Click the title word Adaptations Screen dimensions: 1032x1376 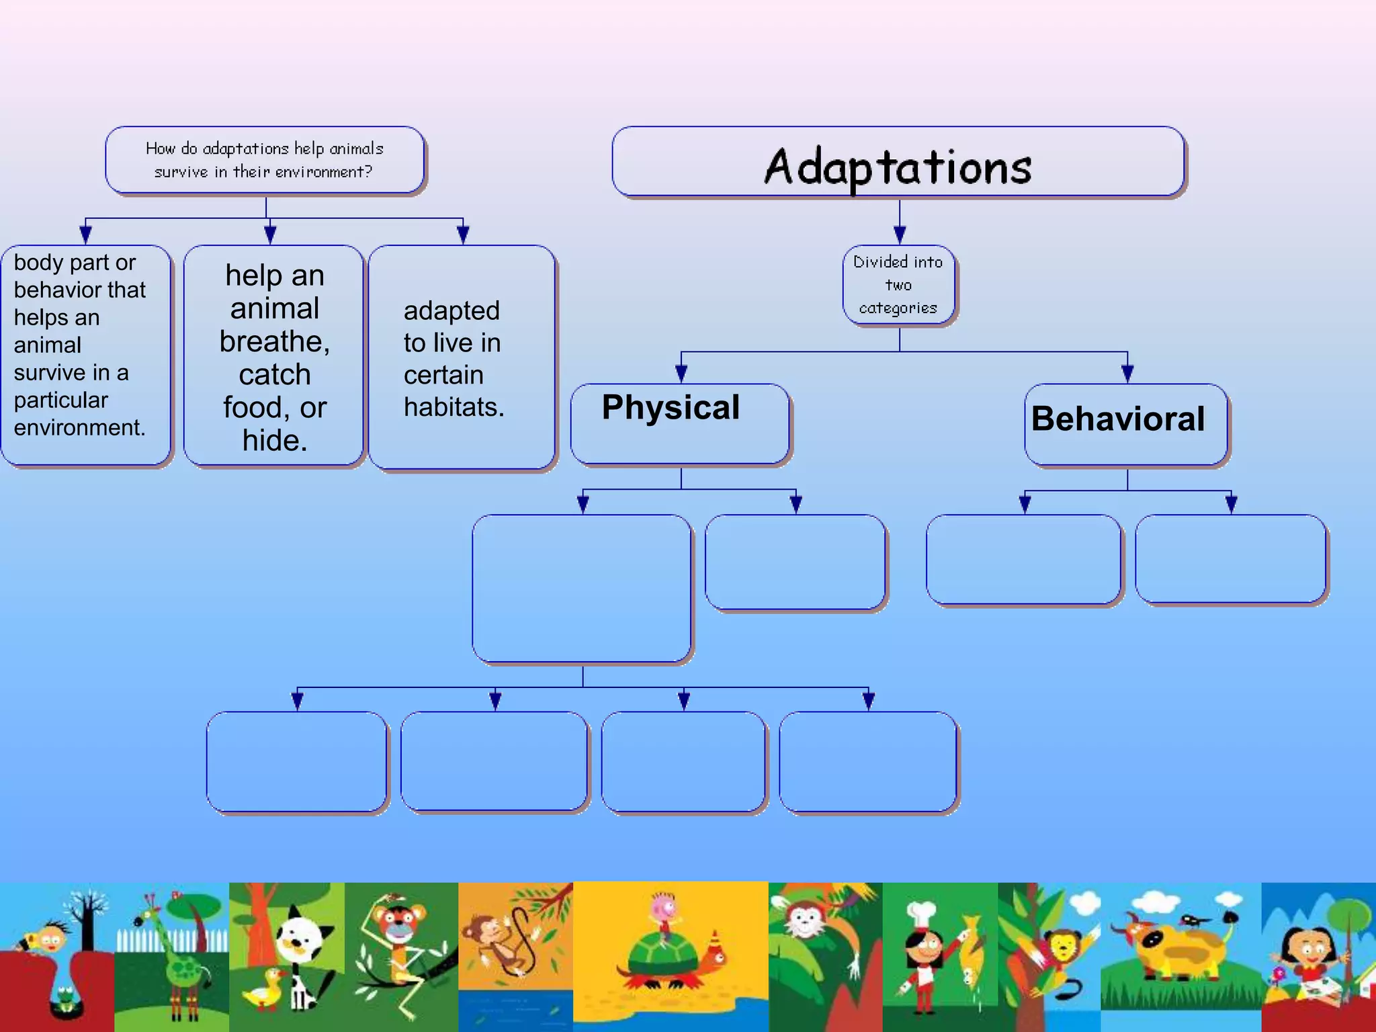898,167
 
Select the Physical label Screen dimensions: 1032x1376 671,407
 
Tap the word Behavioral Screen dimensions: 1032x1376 1118,419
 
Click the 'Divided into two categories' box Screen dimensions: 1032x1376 898,285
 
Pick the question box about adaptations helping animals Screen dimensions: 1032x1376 265,160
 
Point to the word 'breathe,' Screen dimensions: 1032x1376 275,341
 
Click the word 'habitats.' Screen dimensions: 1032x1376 454,407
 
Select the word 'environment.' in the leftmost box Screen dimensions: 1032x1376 79,427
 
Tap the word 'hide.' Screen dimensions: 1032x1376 275,441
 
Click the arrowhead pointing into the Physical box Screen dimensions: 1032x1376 681,373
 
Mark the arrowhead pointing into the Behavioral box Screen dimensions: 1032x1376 1127,373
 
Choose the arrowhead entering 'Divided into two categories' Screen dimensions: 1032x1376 900,234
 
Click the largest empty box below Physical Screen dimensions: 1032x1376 582,589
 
